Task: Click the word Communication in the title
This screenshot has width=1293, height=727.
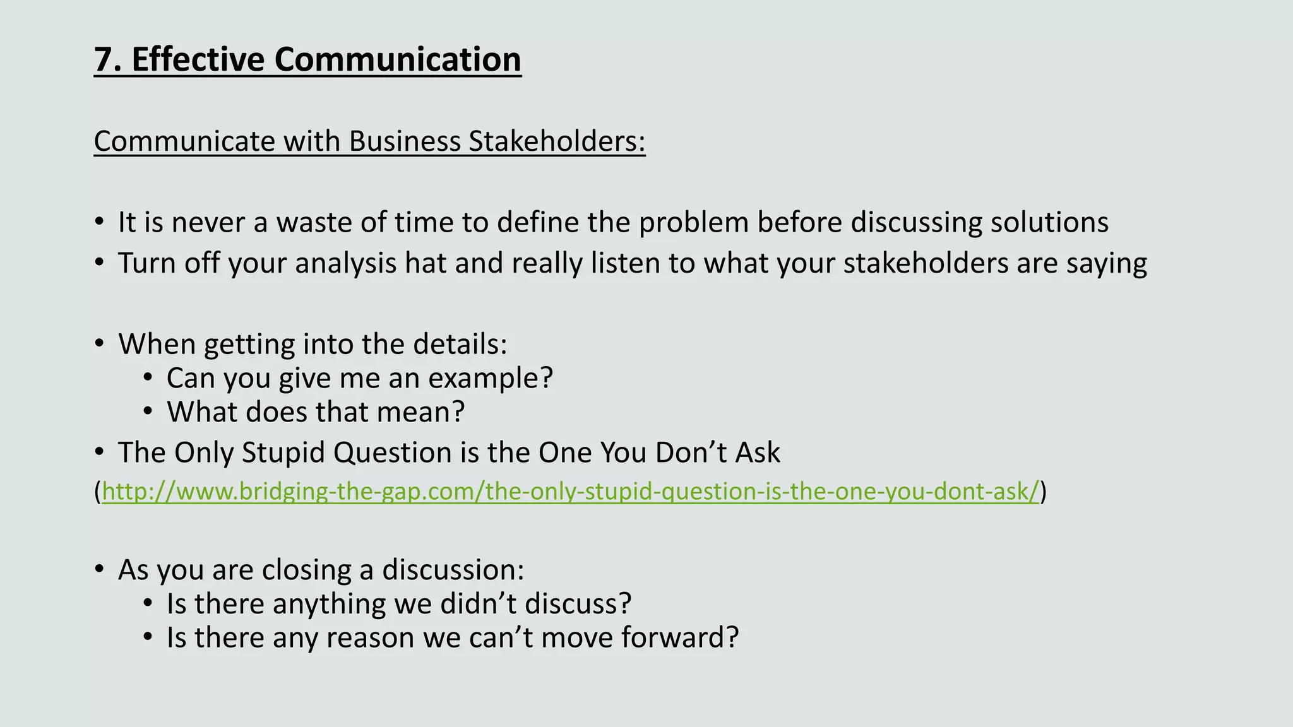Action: pyautogui.click(x=397, y=60)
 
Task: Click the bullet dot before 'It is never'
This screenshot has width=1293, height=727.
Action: pyautogui.click(x=99, y=222)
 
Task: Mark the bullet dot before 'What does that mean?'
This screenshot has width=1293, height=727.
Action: pyautogui.click(x=148, y=411)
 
